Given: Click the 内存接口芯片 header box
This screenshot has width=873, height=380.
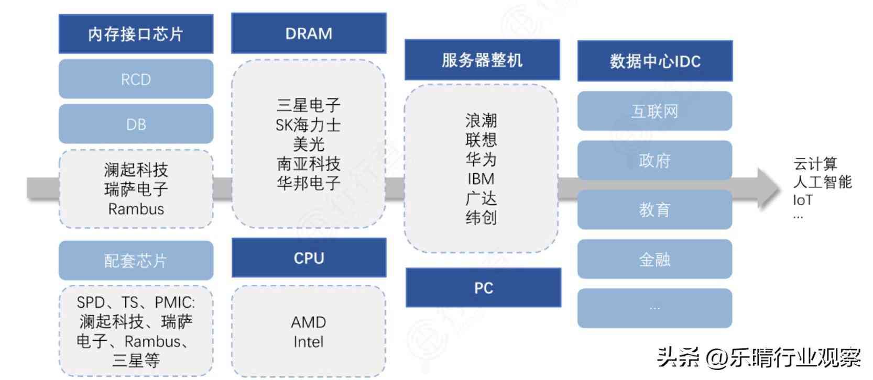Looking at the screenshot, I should point(136,34).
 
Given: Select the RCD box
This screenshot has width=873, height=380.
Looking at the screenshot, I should point(136,79).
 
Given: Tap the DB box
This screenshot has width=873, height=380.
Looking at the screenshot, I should point(136,124).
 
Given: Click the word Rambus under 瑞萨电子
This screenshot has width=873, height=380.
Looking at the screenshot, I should point(136,209).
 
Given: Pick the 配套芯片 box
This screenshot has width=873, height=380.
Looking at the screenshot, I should point(136,260).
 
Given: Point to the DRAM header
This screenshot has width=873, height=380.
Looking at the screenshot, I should point(309,33).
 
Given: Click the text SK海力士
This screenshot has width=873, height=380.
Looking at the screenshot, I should point(308,125).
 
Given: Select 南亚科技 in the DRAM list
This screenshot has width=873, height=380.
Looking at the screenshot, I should point(309,164).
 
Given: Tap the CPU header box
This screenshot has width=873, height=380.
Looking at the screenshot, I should point(309,258).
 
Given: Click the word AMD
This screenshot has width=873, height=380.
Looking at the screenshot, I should point(309,322).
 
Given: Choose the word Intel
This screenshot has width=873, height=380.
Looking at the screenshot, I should point(308,342).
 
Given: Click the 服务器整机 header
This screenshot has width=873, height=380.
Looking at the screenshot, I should point(482,60).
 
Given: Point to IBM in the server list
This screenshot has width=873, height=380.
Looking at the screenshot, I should point(481,179).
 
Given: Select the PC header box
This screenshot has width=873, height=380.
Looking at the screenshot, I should point(483,288).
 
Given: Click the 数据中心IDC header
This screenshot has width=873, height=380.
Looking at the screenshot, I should point(655,61).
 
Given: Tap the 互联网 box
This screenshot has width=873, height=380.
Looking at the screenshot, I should point(654,111).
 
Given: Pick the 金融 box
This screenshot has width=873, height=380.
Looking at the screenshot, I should point(654,259).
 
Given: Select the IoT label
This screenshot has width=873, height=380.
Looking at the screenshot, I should point(803,200).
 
